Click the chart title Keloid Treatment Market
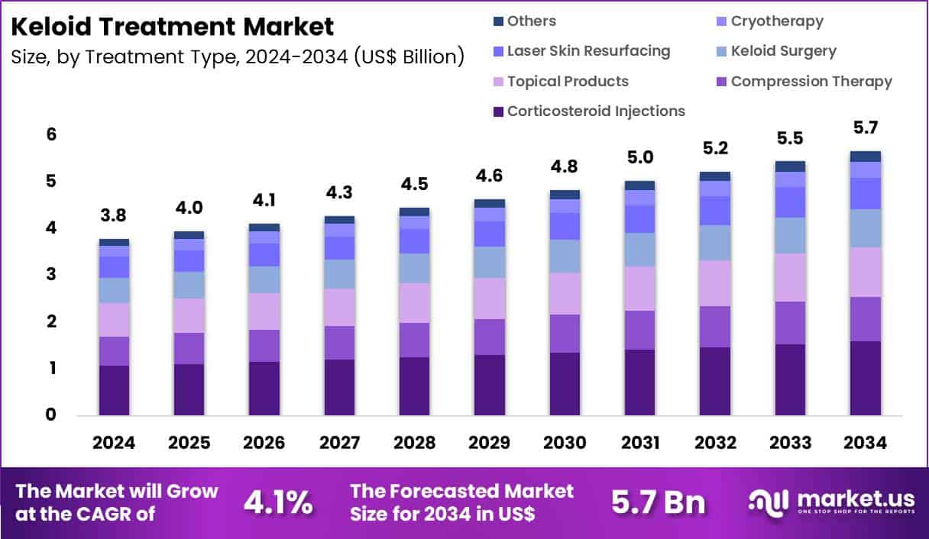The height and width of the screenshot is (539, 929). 173,27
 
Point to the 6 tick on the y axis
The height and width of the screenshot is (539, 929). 51,135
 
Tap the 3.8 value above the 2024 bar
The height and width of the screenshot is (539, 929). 114,217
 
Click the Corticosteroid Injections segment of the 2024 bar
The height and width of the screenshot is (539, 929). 114,390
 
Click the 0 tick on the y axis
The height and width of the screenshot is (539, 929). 51,415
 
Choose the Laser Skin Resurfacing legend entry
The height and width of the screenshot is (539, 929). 588,51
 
